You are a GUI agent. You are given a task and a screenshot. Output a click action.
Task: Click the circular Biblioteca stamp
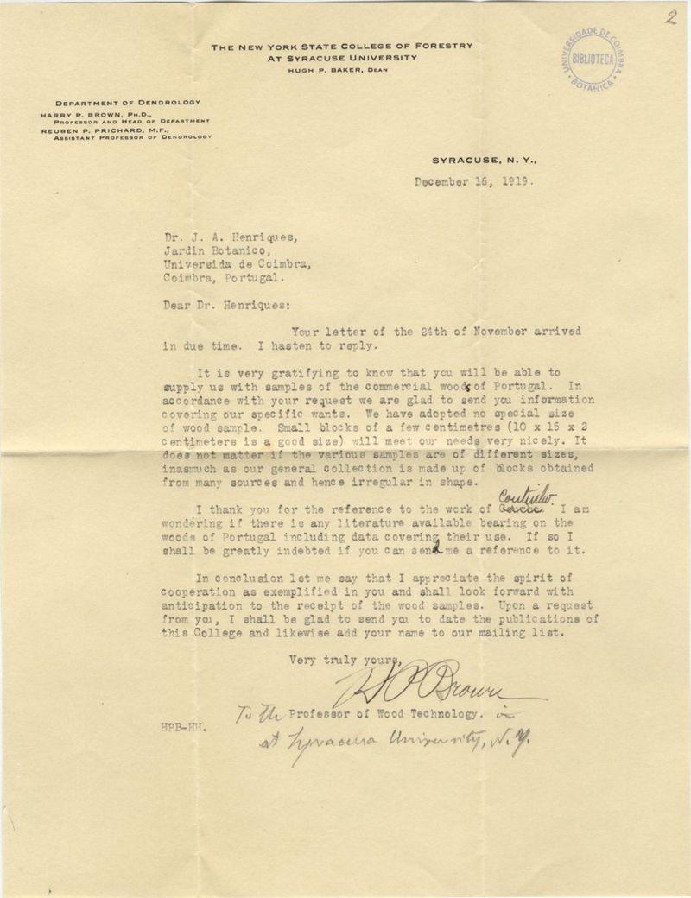pyautogui.click(x=593, y=59)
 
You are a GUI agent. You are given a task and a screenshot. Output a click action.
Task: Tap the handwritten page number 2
pyautogui.click(x=670, y=18)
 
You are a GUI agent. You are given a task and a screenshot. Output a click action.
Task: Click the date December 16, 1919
pyautogui.click(x=473, y=182)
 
